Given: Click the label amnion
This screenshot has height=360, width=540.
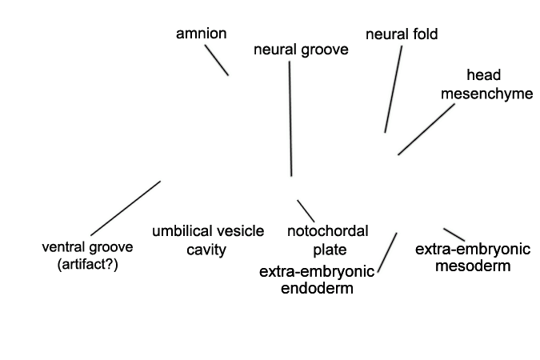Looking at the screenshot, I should (202, 33).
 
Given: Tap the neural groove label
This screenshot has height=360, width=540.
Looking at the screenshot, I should (301, 50).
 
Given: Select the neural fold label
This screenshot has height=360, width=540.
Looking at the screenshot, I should (402, 34).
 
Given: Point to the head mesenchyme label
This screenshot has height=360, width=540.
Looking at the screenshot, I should (488, 84).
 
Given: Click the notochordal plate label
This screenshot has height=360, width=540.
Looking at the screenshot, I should (328, 240).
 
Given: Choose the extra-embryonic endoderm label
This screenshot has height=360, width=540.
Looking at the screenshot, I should (317, 280).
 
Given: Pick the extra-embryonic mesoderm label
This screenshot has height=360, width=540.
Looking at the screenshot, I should (473, 258).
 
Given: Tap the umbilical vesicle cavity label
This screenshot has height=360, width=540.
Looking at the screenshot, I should (208, 240).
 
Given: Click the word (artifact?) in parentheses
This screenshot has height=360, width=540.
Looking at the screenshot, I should (88, 264).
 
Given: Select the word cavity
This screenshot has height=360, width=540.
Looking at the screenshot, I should (207, 250).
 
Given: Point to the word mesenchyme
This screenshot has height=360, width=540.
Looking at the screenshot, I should (488, 94).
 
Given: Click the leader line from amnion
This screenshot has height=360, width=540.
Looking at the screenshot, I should (216, 60).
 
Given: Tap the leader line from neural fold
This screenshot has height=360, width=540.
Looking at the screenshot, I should (394, 88).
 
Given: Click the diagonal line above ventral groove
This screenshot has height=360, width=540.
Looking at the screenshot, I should (125, 208).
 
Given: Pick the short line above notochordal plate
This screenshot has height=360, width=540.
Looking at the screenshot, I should (306, 211).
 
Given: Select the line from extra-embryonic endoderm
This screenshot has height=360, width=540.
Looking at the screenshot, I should (387, 253).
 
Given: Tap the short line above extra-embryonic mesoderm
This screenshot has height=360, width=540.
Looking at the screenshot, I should (454, 234).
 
